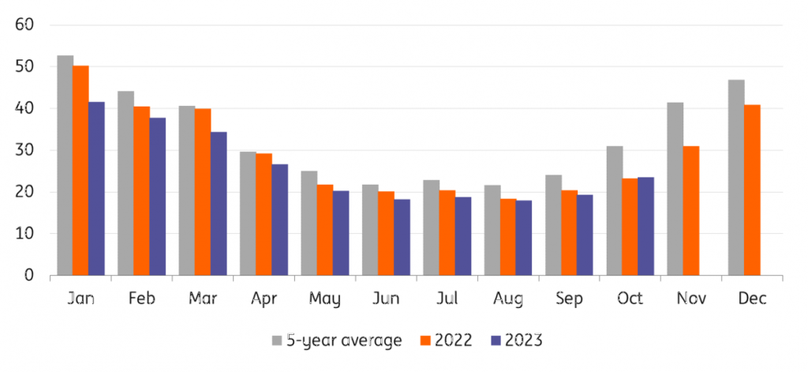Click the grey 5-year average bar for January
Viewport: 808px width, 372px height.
65,165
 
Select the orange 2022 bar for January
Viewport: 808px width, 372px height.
80,171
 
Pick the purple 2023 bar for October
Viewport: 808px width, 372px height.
645,226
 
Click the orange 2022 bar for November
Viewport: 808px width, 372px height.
690,211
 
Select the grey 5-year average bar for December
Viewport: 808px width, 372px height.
736,178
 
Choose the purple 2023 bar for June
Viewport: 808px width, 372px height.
402,237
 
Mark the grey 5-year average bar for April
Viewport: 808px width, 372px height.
248,213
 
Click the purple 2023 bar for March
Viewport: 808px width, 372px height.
219,204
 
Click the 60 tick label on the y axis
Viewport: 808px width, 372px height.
24,25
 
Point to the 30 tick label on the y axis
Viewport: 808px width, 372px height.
24,150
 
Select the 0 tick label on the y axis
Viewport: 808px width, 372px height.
29,276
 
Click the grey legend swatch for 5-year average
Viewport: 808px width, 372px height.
278,340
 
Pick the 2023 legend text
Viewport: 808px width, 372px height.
525,340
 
